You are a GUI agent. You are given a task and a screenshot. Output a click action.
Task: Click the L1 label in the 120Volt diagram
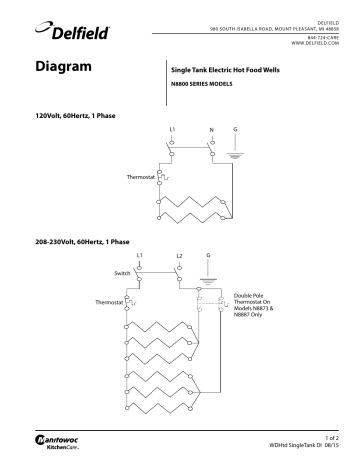172,131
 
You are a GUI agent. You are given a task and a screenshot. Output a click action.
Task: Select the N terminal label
211,131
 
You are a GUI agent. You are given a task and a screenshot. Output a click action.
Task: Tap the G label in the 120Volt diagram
235,130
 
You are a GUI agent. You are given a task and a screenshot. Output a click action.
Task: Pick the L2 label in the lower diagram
179,258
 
